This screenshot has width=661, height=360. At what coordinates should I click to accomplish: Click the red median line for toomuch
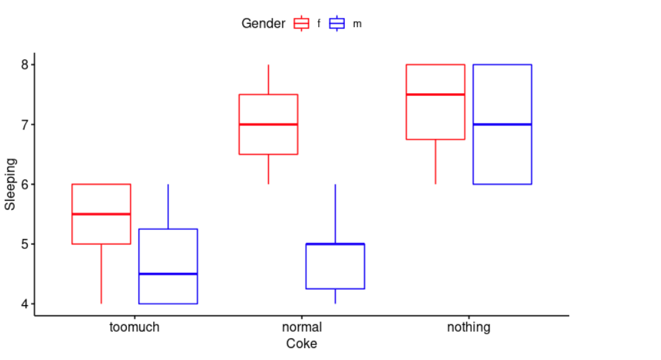pyautogui.click(x=101, y=214)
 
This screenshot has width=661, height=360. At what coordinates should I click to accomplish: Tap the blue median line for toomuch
pyautogui.click(x=168, y=273)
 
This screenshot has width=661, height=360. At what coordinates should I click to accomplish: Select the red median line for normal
pyautogui.click(x=268, y=124)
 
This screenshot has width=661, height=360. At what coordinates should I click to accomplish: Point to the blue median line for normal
pyautogui.click(x=335, y=244)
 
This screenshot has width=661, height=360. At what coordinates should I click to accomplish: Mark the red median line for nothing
pyautogui.click(x=435, y=94)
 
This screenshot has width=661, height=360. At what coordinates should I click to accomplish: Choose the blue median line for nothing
pyautogui.click(x=502, y=124)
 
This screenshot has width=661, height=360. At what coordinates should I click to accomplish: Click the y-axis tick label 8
pyautogui.click(x=24, y=65)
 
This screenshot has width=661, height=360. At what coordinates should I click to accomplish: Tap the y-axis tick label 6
pyautogui.click(x=24, y=184)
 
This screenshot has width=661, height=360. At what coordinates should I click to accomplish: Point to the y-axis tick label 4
pyautogui.click(x=24, y=304)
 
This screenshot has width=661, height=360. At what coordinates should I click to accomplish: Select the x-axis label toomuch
pyautogui.click(x=134, y=327)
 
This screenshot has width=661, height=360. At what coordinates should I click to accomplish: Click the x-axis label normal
pyautogui.click(x=302, y=327)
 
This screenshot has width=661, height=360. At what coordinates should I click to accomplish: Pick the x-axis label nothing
pyautogui.click(x=469, y=327)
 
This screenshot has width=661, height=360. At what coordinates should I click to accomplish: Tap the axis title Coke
pyautogui.click(x=301, y=343)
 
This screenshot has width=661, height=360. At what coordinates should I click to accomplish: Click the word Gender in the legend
pyautogui.click(x=263, y=24)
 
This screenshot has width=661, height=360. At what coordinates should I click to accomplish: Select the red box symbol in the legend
pyautogui.click(x=302, y=24)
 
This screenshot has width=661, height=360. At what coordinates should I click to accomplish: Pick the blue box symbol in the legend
pyautogui.click(x=337, y=24)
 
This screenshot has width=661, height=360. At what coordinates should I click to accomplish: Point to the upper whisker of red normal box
pyautogui.click(x=268, y=79)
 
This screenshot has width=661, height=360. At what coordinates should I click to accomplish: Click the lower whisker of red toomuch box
pyautogui.click(x=101, y=273)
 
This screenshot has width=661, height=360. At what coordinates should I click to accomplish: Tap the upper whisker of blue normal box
pyautogui.click(x=335, y=214)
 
